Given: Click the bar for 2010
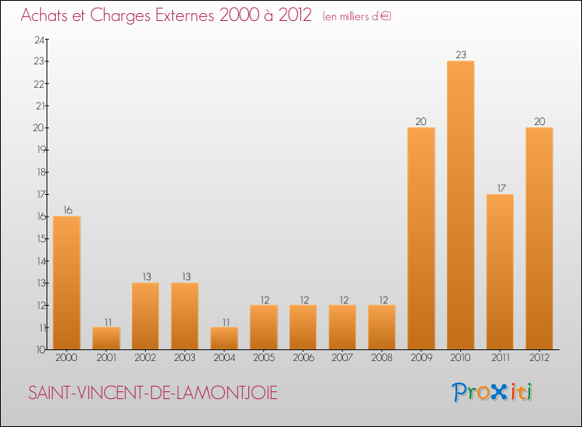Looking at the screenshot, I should coord(460,206).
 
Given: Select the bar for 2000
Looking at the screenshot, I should coord(67,283).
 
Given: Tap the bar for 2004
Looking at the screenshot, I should coord(224,338).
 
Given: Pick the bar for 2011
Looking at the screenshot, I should coord(500,272).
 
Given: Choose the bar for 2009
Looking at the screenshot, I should coord(421,238).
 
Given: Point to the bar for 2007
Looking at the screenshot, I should coord(342,327).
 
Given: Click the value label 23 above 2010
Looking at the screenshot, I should coord(460,54).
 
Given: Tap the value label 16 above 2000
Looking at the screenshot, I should coord(67,210).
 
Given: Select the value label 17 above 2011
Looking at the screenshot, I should coord(500,187).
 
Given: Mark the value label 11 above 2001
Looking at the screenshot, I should coord(106,321).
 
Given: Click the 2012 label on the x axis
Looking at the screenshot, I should coord(539,358).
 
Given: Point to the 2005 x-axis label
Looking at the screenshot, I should coord(263,358).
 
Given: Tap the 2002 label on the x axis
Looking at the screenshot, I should coord(145,358).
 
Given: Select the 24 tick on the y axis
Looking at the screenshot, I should coord(38,40).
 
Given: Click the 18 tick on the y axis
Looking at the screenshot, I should coord(38,172).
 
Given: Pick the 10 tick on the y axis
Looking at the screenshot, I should coord(38,350).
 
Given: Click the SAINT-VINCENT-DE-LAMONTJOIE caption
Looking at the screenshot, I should coord(153,394).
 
